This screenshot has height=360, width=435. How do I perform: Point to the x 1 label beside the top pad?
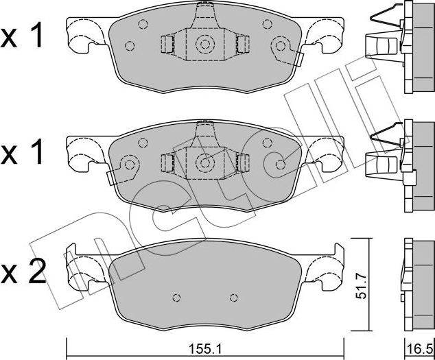point(23,37)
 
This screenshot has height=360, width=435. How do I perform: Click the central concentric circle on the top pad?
point(204,45)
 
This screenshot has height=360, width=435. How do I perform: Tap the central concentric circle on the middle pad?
point(204,163)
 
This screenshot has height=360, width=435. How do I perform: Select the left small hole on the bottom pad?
point(176,298)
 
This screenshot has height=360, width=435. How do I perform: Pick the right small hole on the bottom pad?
point(234,298)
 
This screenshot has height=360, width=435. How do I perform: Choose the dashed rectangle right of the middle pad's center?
point(242,163)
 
